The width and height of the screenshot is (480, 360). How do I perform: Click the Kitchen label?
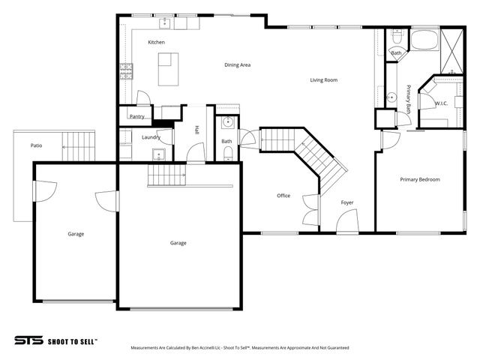[156, 42]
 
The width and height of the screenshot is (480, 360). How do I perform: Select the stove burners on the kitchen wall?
[126, 72]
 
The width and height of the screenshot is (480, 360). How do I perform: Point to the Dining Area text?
[237, 65]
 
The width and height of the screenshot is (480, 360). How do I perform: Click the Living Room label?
[324, 79]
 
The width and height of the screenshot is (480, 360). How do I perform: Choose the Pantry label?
[136, 116]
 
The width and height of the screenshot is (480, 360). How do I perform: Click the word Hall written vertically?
[196, 130]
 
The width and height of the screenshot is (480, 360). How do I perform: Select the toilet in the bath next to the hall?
[228, 152]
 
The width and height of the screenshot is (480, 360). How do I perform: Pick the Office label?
[283, 196]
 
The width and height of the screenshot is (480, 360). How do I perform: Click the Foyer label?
[347, 202]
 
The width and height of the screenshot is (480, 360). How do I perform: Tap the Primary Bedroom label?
[419, 179]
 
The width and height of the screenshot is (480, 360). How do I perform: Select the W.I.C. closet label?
[441, 103]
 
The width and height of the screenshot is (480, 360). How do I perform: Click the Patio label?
[35, 145]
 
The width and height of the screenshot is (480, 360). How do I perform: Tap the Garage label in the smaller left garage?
[76, 234]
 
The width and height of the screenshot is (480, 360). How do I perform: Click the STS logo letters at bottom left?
[28, 340]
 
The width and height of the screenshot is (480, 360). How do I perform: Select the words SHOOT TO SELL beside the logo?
[72, 340]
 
